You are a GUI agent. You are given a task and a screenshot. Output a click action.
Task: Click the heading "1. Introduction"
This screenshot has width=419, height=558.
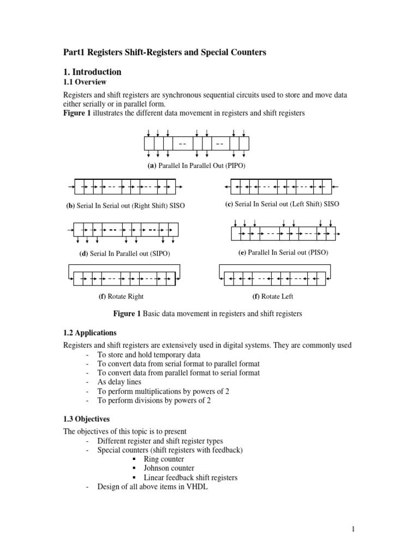click(x=92, y=72)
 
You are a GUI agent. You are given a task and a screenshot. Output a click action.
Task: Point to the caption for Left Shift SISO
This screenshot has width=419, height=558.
click(x=282, y=204)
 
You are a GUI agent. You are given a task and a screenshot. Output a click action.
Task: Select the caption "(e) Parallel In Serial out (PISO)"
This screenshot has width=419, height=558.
click(x=283, y=253)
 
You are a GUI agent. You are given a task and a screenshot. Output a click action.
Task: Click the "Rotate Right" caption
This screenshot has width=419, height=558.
click(x=121, y=296)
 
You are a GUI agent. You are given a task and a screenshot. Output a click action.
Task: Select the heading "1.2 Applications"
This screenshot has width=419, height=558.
click(x=90, y=332)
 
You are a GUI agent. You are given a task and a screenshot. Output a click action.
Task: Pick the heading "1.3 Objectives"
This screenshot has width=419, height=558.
click(x=87, y=419)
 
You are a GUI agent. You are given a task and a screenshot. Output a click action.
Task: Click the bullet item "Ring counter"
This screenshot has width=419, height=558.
click(x=164, y=459)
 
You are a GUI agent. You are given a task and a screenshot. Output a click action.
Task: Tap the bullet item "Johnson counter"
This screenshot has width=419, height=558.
click(x=169, y=468)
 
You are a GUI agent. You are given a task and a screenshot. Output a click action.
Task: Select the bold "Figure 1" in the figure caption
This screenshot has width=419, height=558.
click(x=127, y=314)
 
